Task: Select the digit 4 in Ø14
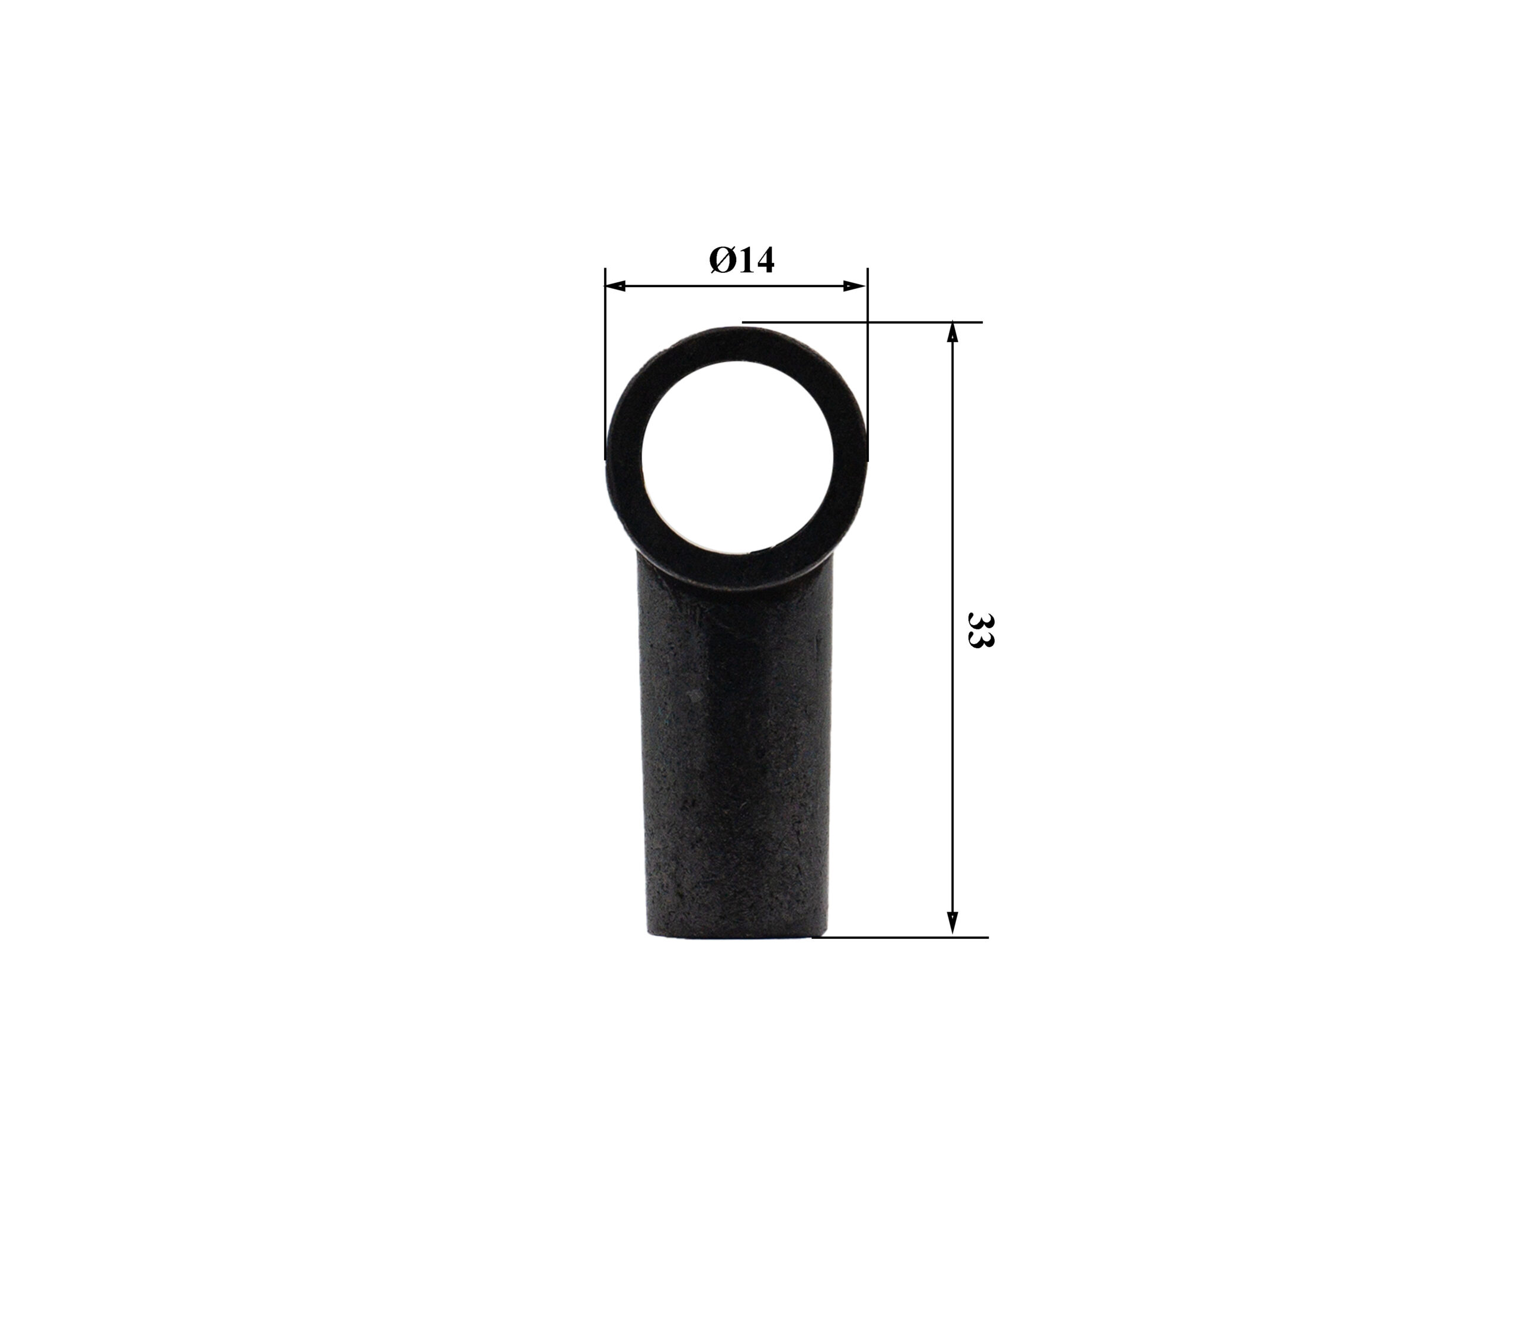point(763,260)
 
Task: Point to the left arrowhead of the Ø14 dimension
point(615,285)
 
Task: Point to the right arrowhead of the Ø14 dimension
point(856,285)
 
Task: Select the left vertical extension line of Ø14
point(606,363)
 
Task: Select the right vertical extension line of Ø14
point(867,363)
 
